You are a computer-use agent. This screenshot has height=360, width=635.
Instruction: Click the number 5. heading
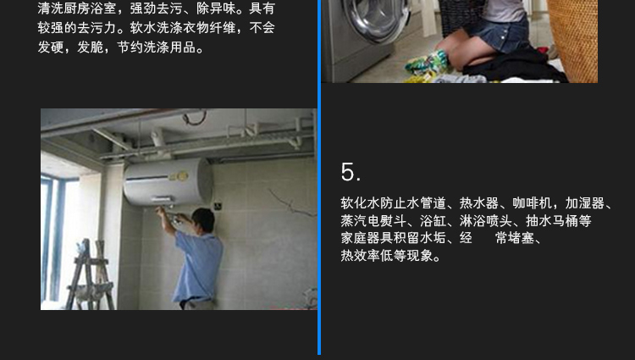[x=351, y=172]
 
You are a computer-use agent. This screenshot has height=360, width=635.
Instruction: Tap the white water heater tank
[x=168, y=181]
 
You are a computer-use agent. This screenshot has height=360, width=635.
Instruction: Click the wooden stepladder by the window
[x=90, y=274]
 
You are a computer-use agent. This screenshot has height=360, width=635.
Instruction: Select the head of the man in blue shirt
[x=204, y=220]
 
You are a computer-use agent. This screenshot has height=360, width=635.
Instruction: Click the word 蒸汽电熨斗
[x=373, y=221]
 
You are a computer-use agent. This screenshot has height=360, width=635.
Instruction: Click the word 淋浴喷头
[x=486, y=221]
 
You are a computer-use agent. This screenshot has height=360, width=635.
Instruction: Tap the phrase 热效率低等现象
[x=387, y=256]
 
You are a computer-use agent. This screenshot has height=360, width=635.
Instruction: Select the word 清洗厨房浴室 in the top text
[x=77, y=8]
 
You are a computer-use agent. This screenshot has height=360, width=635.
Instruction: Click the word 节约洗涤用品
[x=157, y=47]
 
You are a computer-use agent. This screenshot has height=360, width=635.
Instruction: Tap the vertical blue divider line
[x=319, y=177]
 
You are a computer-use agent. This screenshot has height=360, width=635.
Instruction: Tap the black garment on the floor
[x=514, y=65]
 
